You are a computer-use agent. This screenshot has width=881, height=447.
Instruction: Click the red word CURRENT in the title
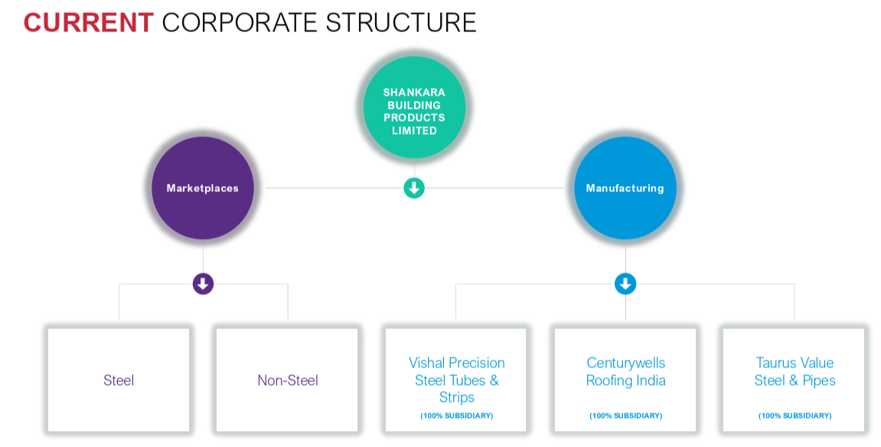(x=89, y=23)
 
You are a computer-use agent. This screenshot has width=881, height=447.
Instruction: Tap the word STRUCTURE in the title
(x=400, y=23)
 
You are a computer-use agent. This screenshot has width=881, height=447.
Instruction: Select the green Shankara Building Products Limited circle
(x=414, y=106)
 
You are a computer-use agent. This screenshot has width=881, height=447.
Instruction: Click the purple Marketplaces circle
(x=203, y=188)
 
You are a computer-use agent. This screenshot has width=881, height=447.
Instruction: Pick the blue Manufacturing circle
(x=625, y=188)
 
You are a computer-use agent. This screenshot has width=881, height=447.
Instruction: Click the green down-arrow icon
(x=414, y=188)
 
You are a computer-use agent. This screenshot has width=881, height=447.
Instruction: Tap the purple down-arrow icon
(x=204, y=284)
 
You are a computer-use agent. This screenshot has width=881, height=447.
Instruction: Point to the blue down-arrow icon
(x=625, y=284)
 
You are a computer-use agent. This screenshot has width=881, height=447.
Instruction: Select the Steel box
(x=119, y=380)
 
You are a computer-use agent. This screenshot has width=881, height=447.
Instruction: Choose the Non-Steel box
(x=287, y=380)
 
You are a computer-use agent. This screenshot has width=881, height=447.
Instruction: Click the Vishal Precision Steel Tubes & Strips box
(x=456, y=380)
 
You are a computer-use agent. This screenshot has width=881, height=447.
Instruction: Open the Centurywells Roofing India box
(x=625, y=380)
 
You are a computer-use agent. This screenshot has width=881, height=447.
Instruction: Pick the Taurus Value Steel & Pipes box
(x=794, y=380)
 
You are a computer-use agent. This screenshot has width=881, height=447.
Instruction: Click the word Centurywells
(x=626, y=364)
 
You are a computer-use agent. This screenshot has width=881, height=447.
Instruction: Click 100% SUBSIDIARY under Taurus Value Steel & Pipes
(x=795, y=416)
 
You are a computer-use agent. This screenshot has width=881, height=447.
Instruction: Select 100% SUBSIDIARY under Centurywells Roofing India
(x=626, y=416)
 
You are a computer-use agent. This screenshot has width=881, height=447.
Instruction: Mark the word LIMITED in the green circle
(x=414, y=131)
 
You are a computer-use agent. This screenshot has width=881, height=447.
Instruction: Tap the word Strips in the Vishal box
(x=457, y=397)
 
